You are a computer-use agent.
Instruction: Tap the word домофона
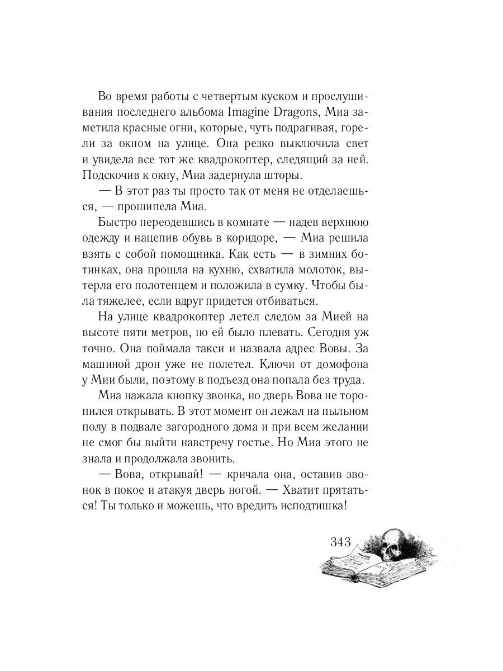[x=340, y=365]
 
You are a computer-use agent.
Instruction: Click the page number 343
[x=340, y=541]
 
